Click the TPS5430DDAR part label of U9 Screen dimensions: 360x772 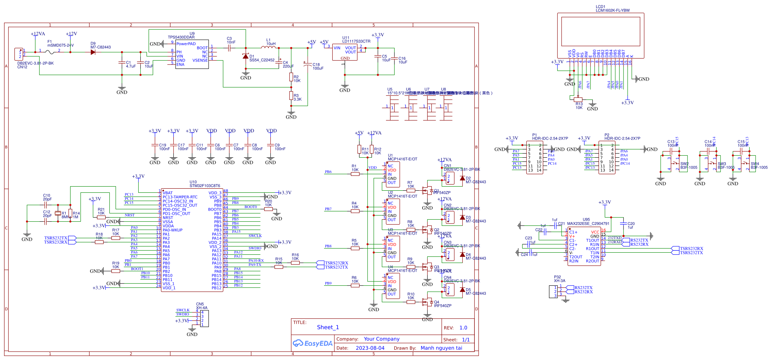pos(181,37)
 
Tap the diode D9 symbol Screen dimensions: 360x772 pos(93,52)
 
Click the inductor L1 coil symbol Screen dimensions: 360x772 pos(268,47)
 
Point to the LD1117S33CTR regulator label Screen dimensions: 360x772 pos(356,41)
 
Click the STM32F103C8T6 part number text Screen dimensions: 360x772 pos(205,186)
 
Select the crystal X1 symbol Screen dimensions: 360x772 pos(58,213)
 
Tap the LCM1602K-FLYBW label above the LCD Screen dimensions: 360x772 pos(612,10)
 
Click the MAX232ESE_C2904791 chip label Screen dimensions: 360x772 pos(588,223)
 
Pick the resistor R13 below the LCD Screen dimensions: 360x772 pos(578,99)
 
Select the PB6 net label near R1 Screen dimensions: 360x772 pos(328,172)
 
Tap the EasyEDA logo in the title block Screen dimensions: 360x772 pos(313,343)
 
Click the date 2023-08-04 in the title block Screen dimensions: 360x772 pos(370,348)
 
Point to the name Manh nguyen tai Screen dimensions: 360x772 pos(441,348)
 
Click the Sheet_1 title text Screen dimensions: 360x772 pos(328,327)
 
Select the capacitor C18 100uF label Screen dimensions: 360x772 pos(317,66)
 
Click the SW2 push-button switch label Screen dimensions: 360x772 pos(684,164)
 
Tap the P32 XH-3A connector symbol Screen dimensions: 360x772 pos(556,292)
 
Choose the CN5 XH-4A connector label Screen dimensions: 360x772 pos(201,306)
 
